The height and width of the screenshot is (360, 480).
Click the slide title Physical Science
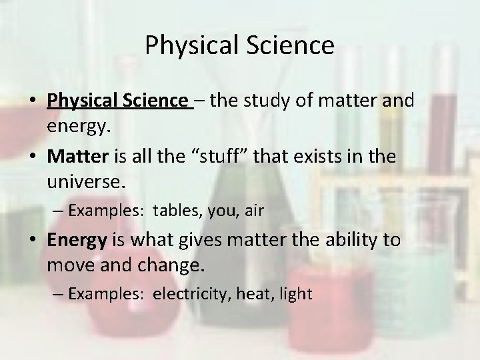tap(239, 45)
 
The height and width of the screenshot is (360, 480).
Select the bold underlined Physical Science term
tap(118, 101)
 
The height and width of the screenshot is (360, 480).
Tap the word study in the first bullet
tap(278, 101)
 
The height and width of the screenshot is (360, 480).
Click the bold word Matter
tap(77, 157)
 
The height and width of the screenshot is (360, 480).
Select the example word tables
tap(177, 211)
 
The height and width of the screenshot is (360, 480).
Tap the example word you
tap(222, 212)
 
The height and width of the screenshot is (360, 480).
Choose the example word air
tap(254, 211)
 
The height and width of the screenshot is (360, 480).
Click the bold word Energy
tap(77, 240)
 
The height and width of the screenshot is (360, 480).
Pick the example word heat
tap(255, 294)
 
